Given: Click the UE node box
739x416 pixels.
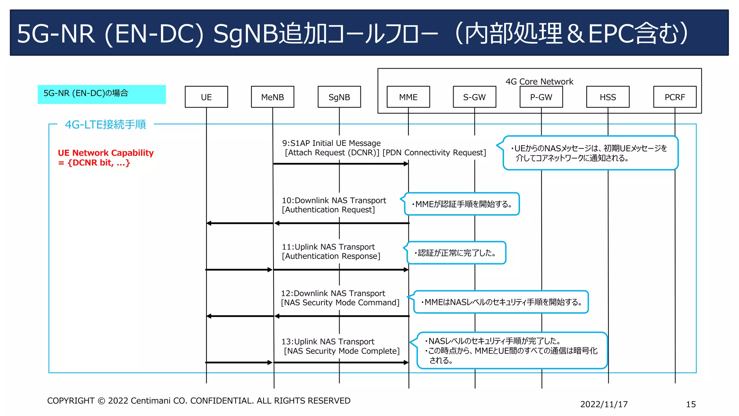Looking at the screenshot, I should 206,97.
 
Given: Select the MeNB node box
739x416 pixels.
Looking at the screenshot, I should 272,97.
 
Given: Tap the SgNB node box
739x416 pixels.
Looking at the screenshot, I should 339,97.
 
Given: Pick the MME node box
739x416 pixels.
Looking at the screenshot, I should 408,97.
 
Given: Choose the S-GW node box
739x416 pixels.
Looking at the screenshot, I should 475,97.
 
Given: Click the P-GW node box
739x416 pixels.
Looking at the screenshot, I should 541,97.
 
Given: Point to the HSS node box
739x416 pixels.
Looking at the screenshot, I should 608,97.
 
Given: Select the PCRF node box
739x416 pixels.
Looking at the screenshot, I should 674,97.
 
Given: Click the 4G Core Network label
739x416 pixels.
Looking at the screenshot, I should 539,81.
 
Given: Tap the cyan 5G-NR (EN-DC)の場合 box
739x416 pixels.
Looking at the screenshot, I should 101,94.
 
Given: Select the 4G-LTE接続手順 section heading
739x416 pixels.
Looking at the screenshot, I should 105,124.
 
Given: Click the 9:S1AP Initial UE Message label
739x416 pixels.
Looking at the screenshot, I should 331,143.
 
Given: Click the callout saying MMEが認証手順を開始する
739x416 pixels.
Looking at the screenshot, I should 462,204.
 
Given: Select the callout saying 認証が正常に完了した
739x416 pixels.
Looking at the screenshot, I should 456,253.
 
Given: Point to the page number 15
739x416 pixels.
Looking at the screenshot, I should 691,404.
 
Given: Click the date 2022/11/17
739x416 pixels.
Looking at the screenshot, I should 604,404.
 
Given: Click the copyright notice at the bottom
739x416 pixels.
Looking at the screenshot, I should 198,400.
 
